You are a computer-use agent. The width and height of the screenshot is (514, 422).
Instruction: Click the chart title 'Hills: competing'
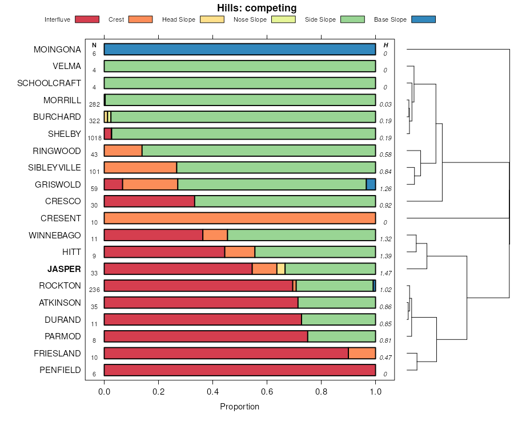(x=256, y=8)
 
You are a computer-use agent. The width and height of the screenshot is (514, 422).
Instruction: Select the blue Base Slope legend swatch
(x=423, y=19)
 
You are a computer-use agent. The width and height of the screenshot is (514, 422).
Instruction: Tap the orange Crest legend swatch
(x=140, y=19)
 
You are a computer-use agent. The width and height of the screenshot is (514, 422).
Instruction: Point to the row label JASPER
(x=64, y=269)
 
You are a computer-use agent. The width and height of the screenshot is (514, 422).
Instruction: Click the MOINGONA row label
(x=57, y=50)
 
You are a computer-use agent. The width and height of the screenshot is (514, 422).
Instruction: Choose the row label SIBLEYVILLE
(x=54, y=168)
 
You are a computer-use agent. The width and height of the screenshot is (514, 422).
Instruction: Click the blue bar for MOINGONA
(x=240, y=50)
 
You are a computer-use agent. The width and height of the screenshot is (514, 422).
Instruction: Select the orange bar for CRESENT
(x=240, y=218)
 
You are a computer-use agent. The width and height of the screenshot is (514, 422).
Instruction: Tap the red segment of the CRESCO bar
(x=149, y=201)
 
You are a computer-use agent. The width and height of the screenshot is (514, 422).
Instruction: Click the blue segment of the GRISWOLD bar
(x=371, y=184)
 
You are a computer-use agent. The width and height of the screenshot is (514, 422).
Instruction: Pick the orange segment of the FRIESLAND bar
(x=362, y=354)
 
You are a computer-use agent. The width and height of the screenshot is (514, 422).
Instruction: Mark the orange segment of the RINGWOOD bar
(x=123, y=151)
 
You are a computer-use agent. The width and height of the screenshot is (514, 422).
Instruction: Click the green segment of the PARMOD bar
(x=342, y=336)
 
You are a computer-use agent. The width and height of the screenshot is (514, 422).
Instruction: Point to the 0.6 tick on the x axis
(x=267, y=392)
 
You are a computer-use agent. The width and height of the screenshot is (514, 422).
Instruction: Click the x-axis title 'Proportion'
(x=239, y=407)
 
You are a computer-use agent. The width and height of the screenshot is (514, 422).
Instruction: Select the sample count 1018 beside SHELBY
(x=95, y=138)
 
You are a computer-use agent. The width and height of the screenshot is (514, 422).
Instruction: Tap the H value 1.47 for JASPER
(x=386, y=273)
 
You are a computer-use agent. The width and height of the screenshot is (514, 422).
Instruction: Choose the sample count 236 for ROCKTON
(x=94, y=290)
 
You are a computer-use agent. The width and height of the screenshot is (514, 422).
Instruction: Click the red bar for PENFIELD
(x=240, y=370)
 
